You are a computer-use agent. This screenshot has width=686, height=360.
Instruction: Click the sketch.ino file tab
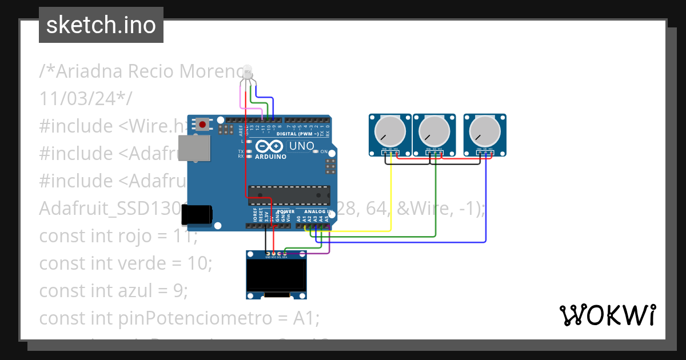click(x=101, y=25)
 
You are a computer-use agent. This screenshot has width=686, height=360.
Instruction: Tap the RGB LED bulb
click(x=248, y=72)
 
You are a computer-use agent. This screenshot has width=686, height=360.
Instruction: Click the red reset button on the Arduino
click(x=202, y=123)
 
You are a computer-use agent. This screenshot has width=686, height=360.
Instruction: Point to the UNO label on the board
click(x=302, y=146)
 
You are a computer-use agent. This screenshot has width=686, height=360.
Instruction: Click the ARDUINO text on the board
click(x=270, y=157)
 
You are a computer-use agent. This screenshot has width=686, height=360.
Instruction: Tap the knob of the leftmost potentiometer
click(x=390, y=132)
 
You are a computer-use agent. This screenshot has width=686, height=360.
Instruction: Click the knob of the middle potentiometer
click(x=434, y=132)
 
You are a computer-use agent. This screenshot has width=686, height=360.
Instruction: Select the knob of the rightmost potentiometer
click(x=484, y=132)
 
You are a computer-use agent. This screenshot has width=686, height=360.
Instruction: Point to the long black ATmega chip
click(x=289, y=195)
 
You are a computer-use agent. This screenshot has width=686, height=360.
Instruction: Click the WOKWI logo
click(x=607, y=315)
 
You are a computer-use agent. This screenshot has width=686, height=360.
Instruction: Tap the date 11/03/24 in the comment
click(x=81, y=98)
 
